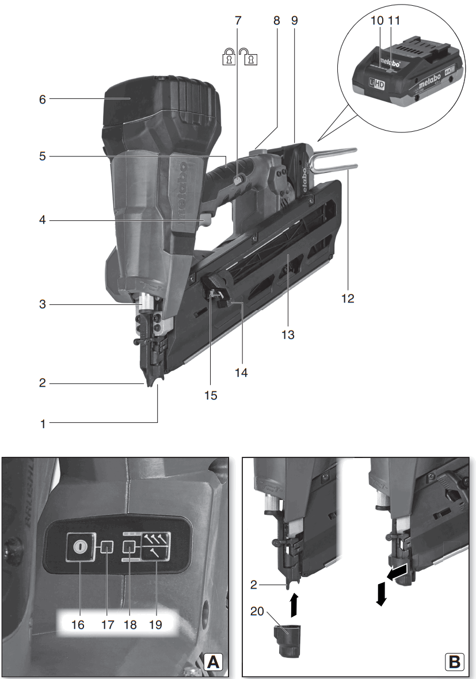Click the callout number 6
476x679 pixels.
(x=42, y=99)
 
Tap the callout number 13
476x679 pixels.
(x=288, y=334)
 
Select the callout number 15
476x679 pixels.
(x=212, y=395)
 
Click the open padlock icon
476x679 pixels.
(x=249, y=56)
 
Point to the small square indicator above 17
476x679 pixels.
(x=106, y=547)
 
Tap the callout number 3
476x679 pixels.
(x=42, y=304)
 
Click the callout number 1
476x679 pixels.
(x=42, y=425)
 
